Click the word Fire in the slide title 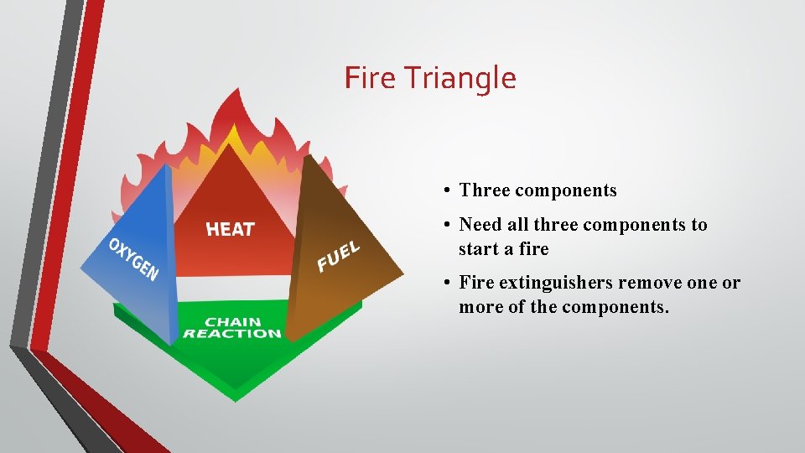[x=369, y=78]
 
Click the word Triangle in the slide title [x=460, y=79]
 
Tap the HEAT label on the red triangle [x=230, y=229]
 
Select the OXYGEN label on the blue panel [x=133, y=259]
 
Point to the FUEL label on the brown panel [x=338, y=257]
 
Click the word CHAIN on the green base [x=232, y=321]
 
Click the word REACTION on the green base [x=232, y=334]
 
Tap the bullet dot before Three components [x=450, y=191]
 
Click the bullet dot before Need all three [x=450, y=226]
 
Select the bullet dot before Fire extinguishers [x=450, y=284]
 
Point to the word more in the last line [x=478, y=307]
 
